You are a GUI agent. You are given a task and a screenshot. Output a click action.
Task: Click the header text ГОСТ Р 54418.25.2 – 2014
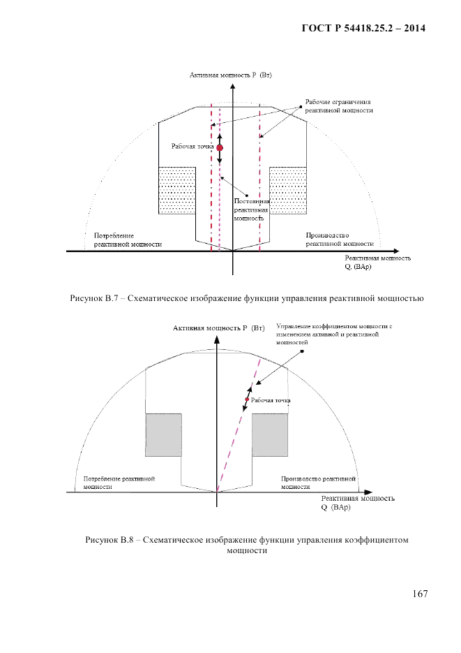tap(363, 29)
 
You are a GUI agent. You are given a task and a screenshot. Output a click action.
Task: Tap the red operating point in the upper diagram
tap(219, 147)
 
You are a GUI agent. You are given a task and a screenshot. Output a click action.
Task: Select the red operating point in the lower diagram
tap(246, 399)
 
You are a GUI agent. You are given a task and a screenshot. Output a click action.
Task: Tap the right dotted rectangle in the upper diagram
tap(288, 191)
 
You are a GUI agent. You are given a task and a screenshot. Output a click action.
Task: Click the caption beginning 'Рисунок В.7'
tap(247, 299)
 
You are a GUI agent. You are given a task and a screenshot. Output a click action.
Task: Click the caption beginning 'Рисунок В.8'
tap(247, 545)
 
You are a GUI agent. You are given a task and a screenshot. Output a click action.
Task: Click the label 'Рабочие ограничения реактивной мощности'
tap(338, 105)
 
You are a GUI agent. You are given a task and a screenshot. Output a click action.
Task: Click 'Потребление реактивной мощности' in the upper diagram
tap(123, 240)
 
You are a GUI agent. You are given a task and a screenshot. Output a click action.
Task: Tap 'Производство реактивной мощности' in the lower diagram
tap(318, 483)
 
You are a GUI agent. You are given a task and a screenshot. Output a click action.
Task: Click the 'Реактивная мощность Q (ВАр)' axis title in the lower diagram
tap(357, 503)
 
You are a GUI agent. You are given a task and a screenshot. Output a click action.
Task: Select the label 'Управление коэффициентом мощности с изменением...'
tap(335, 334)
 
